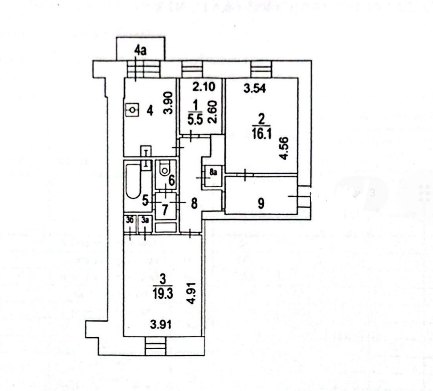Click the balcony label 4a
click(x=140, y=51)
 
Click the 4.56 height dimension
click(x=285, y=151)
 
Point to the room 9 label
click(x=261, y=204)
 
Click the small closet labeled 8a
click(x=213, y=174)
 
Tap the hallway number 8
click(x=194, y=204)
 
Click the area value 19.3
click(x=162, y=292)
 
